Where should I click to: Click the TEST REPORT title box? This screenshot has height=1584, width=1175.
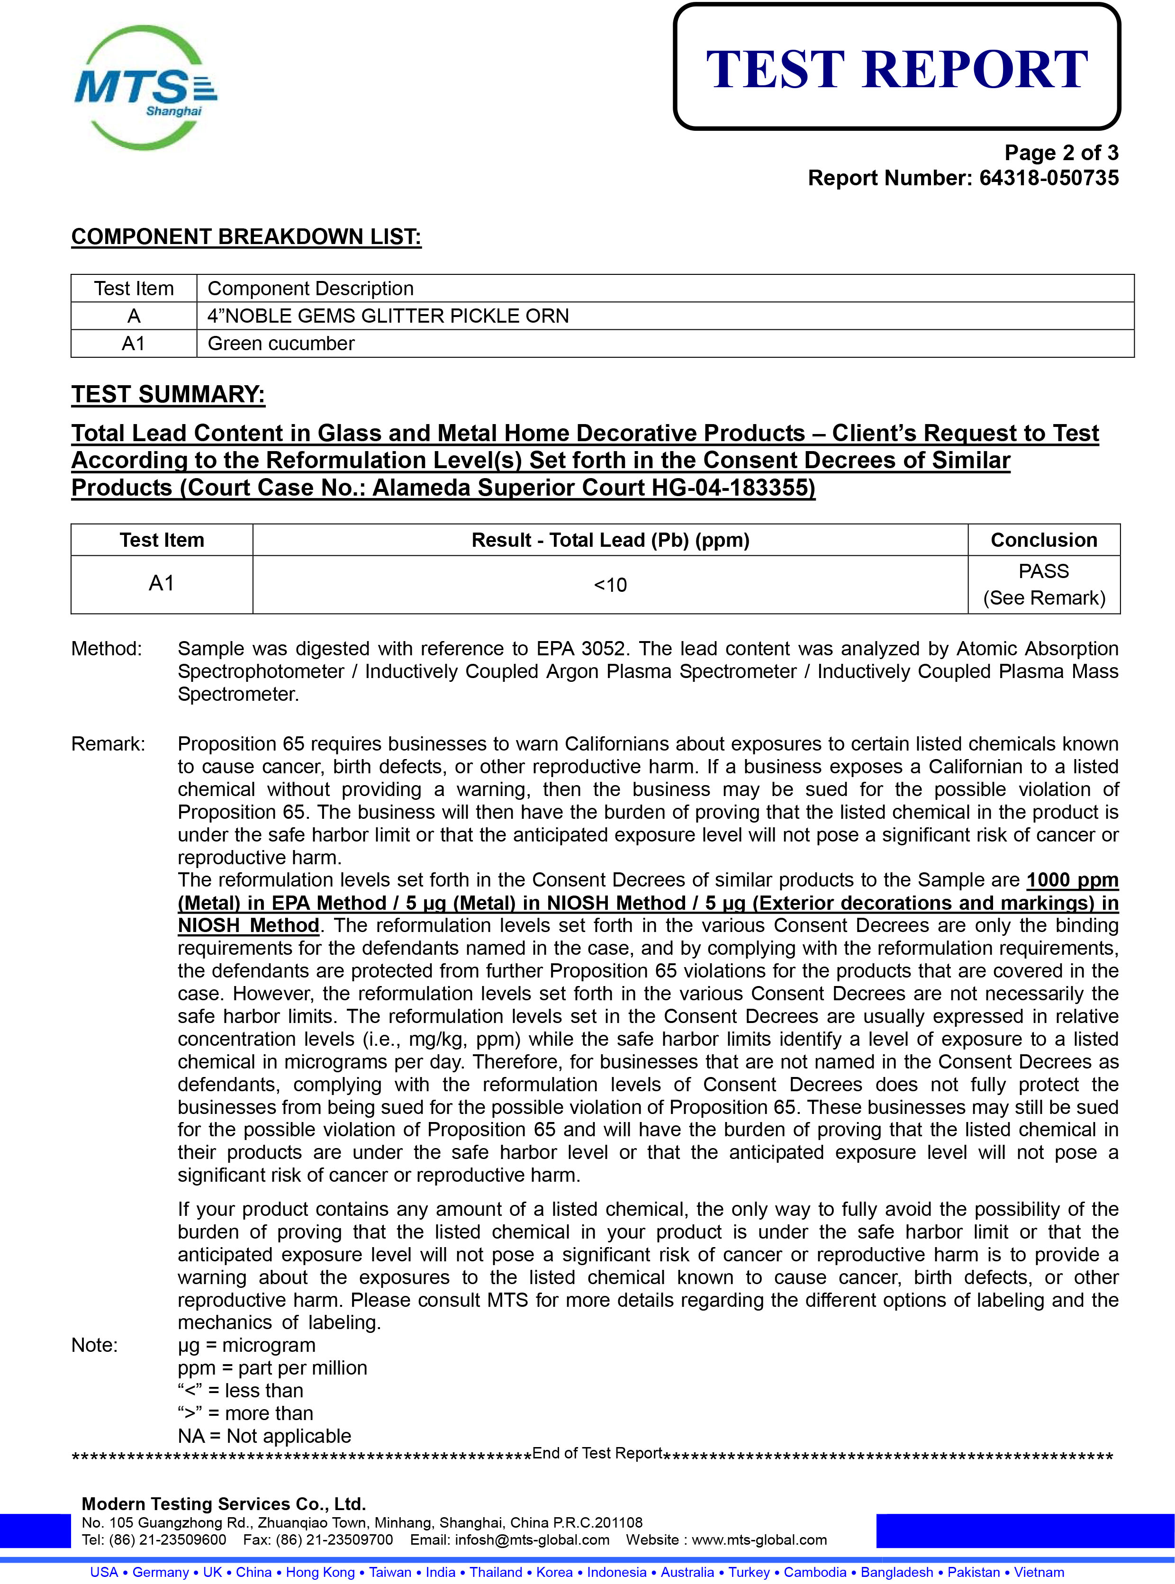click(896, 68)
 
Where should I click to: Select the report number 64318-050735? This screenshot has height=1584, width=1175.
click(1048, 178)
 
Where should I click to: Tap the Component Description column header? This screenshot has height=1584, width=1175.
click(310, 288)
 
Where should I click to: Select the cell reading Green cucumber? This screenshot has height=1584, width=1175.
click(281, 343)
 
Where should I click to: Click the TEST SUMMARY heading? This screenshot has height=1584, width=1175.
click(168, 394)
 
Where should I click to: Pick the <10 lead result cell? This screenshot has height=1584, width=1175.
click(610, 585)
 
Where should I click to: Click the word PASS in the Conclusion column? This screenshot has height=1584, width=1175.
click(1043, 571)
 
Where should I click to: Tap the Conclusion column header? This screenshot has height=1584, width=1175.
click(1043, 540)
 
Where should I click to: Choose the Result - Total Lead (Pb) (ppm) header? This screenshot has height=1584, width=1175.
click(610, 540)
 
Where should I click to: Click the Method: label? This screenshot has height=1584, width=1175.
click(107, 649)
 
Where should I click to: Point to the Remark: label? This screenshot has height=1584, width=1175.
click(108, 744)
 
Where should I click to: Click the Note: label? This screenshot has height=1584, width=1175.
click(95, 1345)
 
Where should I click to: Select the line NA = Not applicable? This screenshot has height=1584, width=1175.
click(264, 1436)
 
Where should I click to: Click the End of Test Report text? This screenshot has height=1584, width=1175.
click(597, 1453)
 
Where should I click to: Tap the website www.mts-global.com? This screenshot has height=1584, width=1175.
click(759, 1540)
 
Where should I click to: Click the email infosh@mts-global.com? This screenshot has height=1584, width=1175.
click(532, 1540)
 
